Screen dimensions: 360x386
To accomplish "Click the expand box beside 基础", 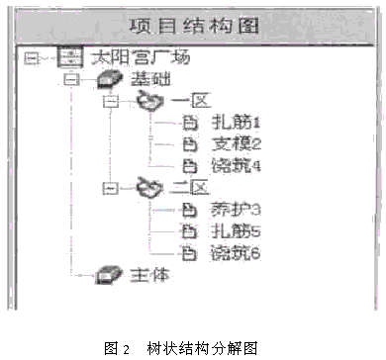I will (71, 79).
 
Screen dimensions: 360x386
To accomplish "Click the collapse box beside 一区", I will (111, 101).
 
